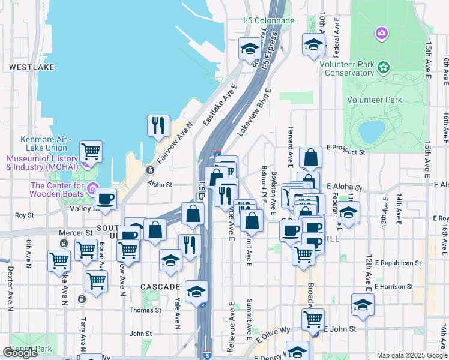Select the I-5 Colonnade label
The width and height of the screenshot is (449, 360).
click(269, 20)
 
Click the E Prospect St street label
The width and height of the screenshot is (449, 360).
click(346, 153)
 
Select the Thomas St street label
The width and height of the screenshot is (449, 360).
click(145, 310)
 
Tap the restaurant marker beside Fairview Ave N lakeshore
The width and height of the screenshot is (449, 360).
click(158, 125)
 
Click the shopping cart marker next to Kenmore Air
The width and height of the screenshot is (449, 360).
click(91, 151)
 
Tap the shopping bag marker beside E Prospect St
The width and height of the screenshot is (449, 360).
click(311, 158)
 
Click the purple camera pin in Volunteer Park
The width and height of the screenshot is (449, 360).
click(381, 34)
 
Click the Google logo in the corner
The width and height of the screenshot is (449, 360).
click(20, 353)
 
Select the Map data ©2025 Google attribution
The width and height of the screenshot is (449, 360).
click(412, 355)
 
